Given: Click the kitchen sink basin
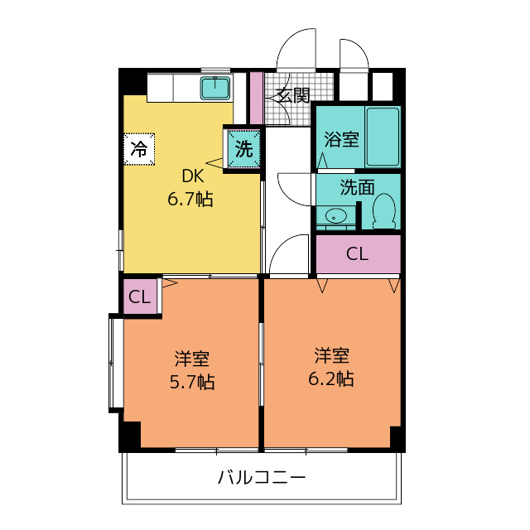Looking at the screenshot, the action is pyautogui.click(x=215, y=88).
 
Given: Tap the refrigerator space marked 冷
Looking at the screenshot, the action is pyautogui.click(x=139, y=149).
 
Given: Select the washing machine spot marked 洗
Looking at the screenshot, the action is pyautogui.click(x=243, y=149).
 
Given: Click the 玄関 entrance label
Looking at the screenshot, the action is pyautogui.click(x=293, y=96).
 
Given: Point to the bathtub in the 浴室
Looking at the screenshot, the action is pyautogui.click(x=383, y=137).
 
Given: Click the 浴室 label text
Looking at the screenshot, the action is pyautogui.click(x=341, y=138).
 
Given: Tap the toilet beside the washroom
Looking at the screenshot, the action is pyautogui.click(x=384, y=211).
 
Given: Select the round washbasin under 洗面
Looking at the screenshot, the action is pyautogui.click(x=334, y=215).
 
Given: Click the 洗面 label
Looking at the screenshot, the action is pyautogui.click(x=357, y=187).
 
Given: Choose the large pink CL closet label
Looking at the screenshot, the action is pyautogui.click(x=357, y=253).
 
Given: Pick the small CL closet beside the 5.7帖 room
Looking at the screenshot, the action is pyautogui.click(x=140, y=296).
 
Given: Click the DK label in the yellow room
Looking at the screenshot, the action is pyautogui.click(x=193, y=176).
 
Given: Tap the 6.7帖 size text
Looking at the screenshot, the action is pyautogui.click(x=190, y=199).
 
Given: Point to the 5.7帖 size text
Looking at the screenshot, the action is pyautogui.click(x=191, y=383).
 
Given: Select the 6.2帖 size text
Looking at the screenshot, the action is pyautogui.click(x=331, y=378).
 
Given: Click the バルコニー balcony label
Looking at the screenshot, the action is pyautogui.click(x=262, y=478).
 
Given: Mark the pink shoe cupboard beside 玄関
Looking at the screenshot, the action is pyautogui.click(x=256, y=98).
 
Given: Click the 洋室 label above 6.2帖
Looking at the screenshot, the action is pyautogui.click(x=331, y=355).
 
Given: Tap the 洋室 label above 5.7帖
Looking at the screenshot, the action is pyautogui.click(x=192, y=359).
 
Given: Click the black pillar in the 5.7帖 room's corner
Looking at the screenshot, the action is pyautogui.click(x=131, y=436).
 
